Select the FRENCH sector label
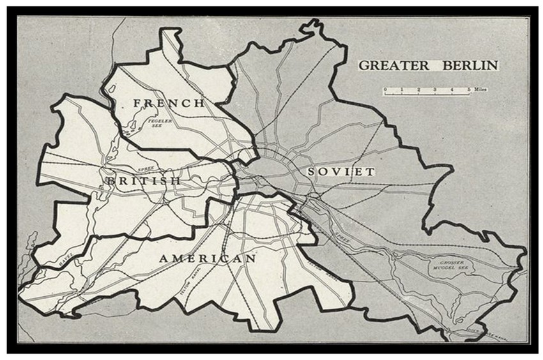169,103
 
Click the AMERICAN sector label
208,259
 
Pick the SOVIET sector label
340,172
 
